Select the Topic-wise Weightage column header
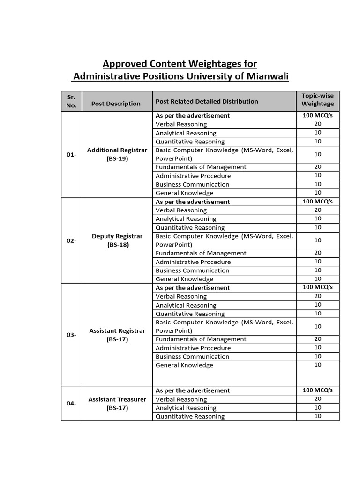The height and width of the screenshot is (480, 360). [x=317, y=99]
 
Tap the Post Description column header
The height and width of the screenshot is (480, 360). [x=116, y=104]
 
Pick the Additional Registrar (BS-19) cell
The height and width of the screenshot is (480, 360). [x=117, y=154]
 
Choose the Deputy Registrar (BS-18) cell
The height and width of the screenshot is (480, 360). [x=117, y=240]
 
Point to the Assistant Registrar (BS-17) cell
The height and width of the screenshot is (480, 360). [x=117, y=335]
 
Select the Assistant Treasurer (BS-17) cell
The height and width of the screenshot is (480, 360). [x=117, y=404]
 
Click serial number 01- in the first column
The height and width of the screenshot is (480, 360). [x=71, y=154]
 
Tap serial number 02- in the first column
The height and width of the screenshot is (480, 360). [x=71, y=240]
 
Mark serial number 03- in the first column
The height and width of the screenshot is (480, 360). [x=71, y=335]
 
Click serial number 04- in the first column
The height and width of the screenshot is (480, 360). [x=71, y=403]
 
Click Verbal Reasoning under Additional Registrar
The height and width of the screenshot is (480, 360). [x=181, y=124]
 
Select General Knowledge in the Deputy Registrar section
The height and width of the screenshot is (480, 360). [x=184, y=279]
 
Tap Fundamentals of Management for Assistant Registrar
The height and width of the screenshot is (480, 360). [x=201, y=339]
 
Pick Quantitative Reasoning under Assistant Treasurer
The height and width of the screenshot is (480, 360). [x=190, y=416]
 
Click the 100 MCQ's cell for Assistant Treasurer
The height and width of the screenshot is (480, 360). [x=317, y=390]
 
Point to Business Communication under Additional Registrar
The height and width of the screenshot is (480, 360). [x=192, y=184]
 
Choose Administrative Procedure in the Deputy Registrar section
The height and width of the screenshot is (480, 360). [x=193, y=262]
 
